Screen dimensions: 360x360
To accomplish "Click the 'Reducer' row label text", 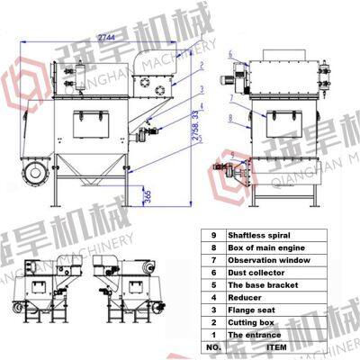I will (x=245, y=297).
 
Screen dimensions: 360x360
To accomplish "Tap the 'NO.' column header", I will (x=212, y=346).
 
